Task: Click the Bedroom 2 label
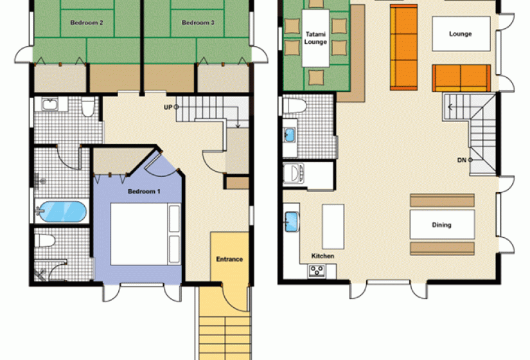coord(87,22)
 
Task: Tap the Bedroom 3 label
coord(198,22)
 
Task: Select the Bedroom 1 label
coord(144,191)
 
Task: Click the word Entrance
coord(229,259)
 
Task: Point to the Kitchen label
coord(322,256)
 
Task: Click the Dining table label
coord(441,224)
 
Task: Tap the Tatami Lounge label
coord(315,38)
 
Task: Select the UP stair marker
coord(171,107)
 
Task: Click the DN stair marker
coord(464,160)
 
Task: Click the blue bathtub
coord(61,212)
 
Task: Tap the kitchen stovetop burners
coord(317,271)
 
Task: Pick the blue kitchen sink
coord(292,222)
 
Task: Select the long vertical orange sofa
coord(403,48)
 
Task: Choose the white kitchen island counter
coord(333,226)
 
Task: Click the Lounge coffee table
coord(461,34)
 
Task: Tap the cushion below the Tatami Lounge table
coord(315,76)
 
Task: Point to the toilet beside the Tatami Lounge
coord(294,105)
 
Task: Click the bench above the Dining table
coord(443,201)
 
